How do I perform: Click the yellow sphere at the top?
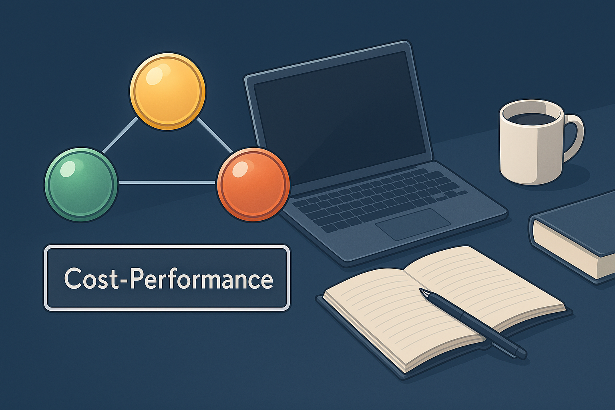pos(167,91)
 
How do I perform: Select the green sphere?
pos(81,184)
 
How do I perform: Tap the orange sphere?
pos(253,184)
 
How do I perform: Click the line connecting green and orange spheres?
pos(167,183)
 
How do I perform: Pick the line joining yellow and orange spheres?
pos(214,135)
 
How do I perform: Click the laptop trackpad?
pos(413,224)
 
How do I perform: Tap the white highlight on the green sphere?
pos(67,168)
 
